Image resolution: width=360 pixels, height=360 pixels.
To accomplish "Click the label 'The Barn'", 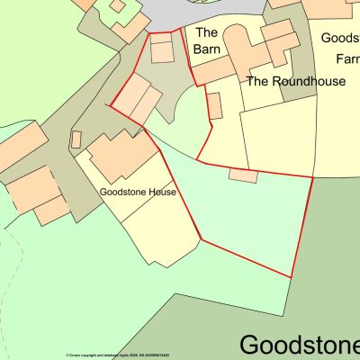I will coord(207,41).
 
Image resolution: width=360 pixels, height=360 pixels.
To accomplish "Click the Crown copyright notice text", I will coord(117,355).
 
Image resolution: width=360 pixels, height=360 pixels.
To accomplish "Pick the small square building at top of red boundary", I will coord(162,49).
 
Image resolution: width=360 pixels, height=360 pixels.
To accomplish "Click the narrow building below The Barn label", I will coord(214,104).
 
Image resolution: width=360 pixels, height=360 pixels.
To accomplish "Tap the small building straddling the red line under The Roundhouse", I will coord(242,175).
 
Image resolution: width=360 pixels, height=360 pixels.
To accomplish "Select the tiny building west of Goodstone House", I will coord(76,139).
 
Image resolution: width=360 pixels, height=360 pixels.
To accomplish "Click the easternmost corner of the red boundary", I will coord(312,178).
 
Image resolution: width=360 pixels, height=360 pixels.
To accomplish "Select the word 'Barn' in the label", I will coord(213,50).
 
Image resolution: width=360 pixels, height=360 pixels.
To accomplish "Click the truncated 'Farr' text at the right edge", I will coord(347,59).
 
